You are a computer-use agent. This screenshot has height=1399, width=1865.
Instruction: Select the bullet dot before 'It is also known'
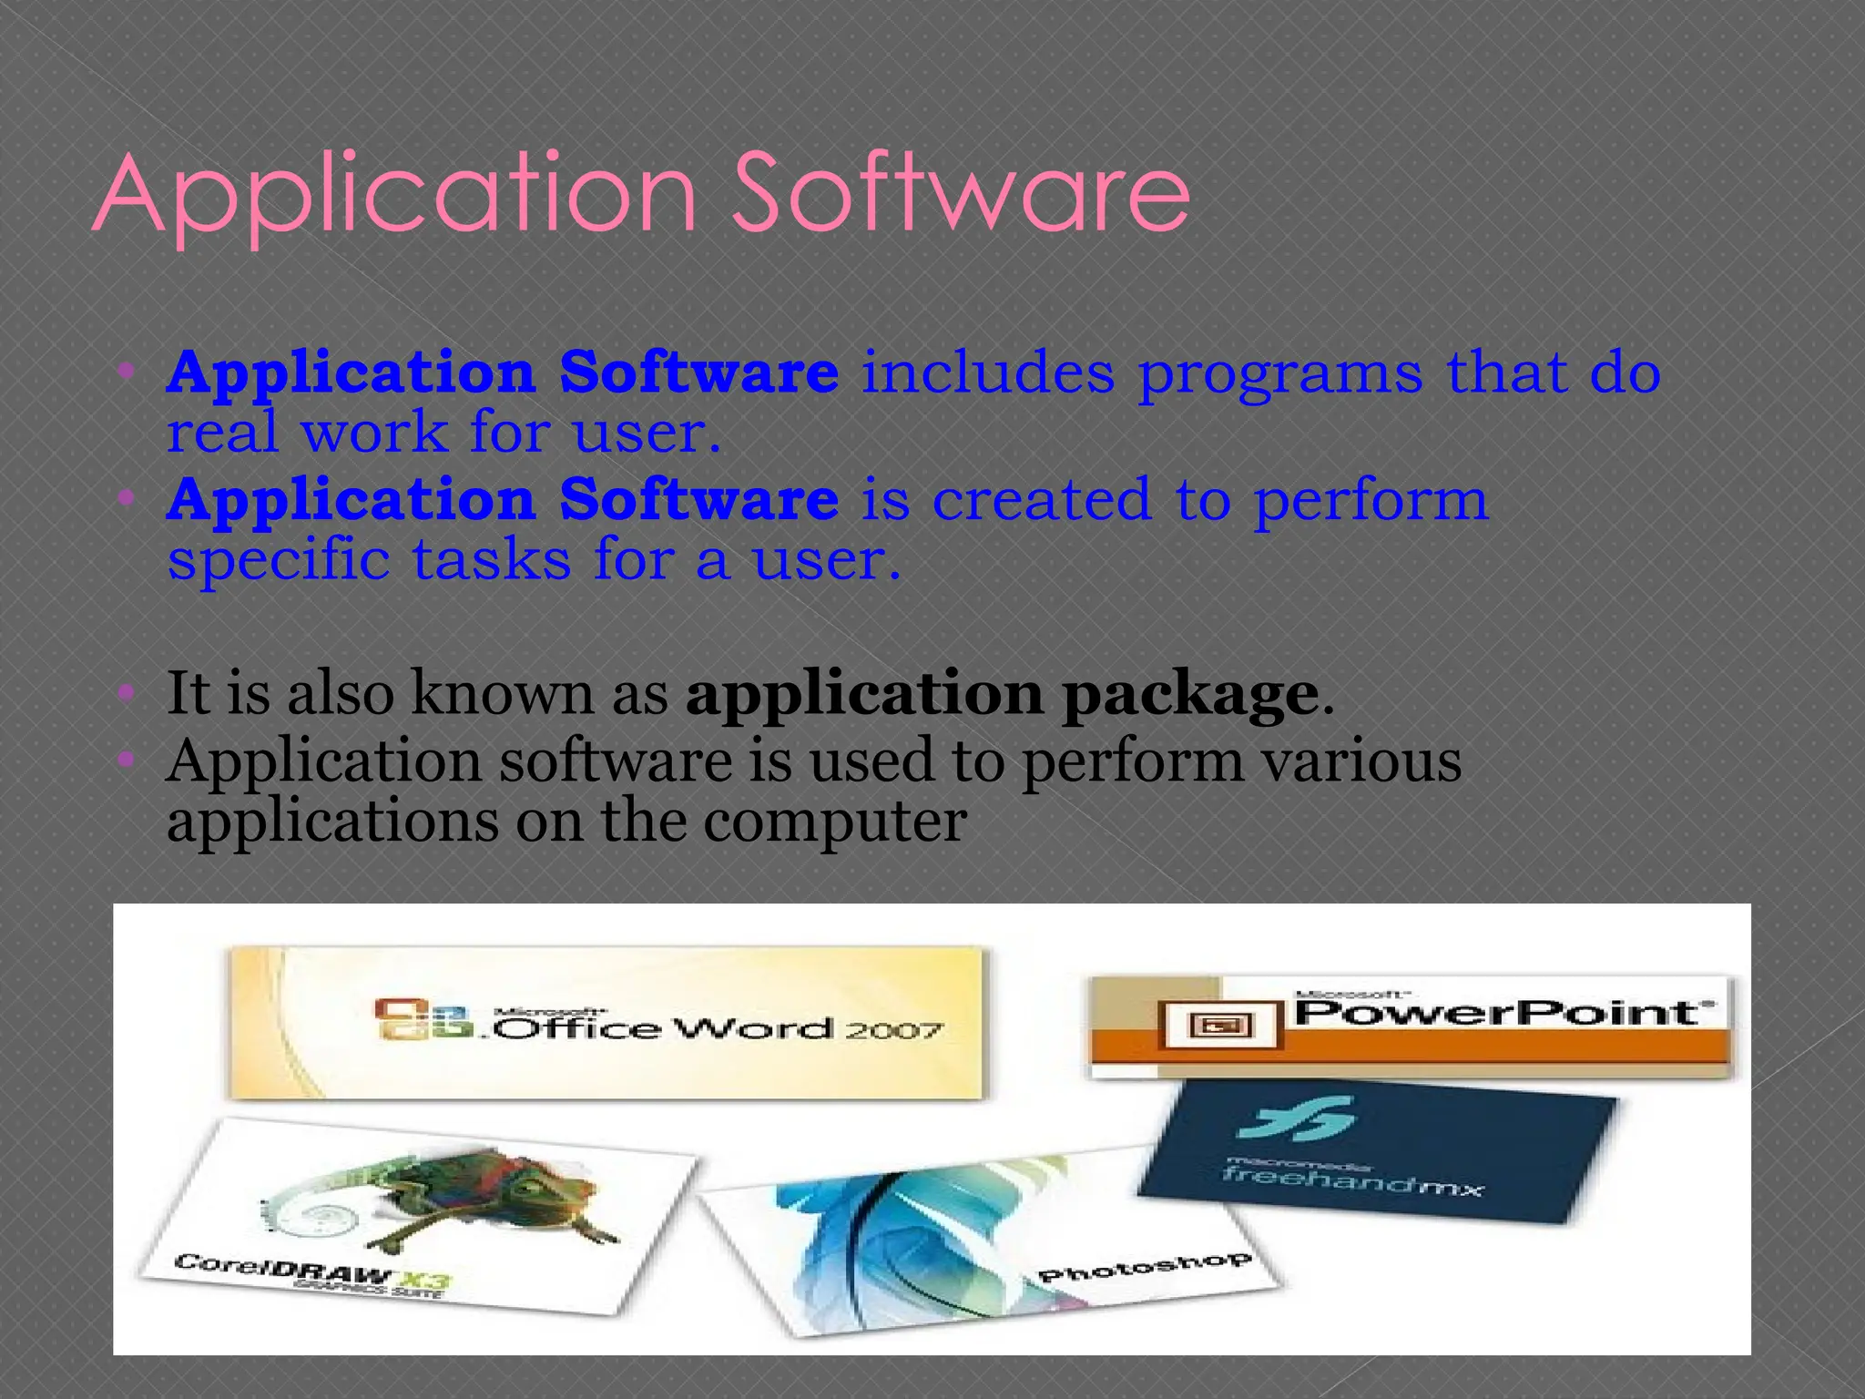[x=127, y=696]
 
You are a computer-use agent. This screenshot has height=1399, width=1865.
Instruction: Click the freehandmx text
[x=1352, y=1179]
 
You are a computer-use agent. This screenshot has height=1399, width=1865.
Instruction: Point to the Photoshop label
[x=1145, y=1267]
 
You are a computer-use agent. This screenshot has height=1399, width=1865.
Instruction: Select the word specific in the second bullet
[x=279, y=559]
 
